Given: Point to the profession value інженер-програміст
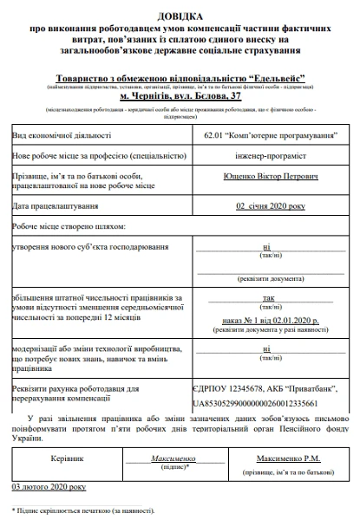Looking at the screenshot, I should coord(264,156).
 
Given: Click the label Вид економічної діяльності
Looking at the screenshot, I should coord(62,136).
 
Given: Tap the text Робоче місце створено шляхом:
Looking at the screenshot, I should coord(69,226).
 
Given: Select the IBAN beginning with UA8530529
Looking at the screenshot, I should coord(254,403).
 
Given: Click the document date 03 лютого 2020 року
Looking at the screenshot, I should coord(49,488).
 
